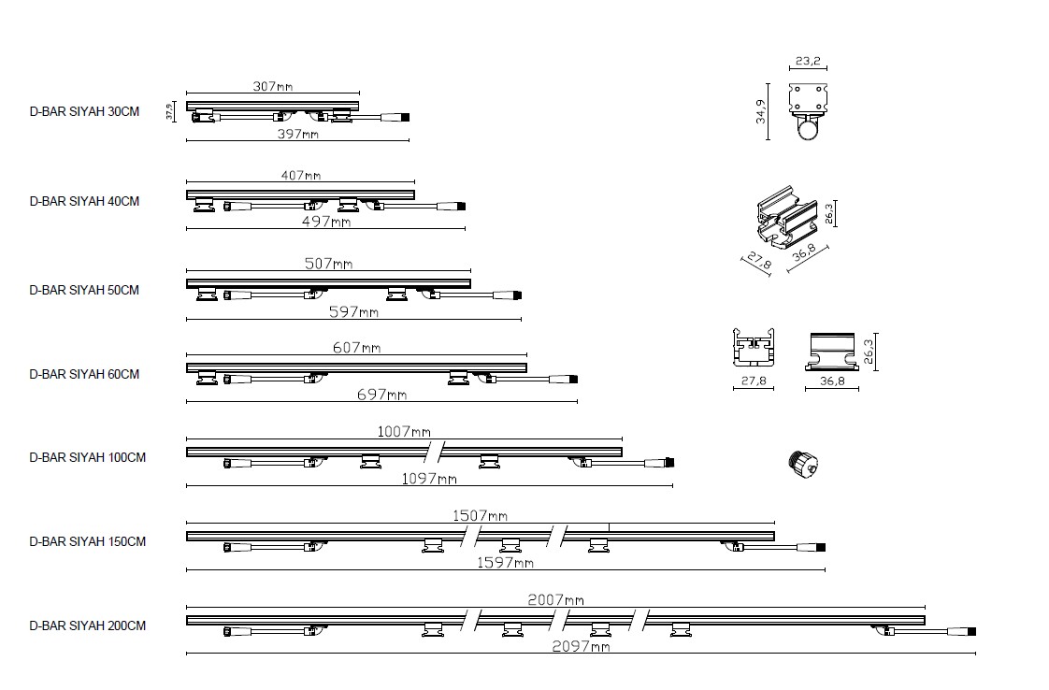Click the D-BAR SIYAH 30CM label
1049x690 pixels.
84,112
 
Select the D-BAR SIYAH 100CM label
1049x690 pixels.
88,458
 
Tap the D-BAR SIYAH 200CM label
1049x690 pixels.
88,625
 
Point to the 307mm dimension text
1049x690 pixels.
273,86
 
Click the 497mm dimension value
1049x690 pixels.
325,222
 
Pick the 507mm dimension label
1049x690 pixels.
328,264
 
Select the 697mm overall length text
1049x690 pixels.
382,395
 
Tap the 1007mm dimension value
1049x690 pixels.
404,432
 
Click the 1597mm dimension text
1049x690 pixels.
505,563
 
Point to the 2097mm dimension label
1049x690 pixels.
581,646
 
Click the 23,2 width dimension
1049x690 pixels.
808,61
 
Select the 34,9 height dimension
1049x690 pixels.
761,112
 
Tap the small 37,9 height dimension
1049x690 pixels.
170,111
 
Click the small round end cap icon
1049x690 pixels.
804,464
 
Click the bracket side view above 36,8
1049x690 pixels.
831,352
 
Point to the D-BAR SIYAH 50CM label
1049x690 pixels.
84,291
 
